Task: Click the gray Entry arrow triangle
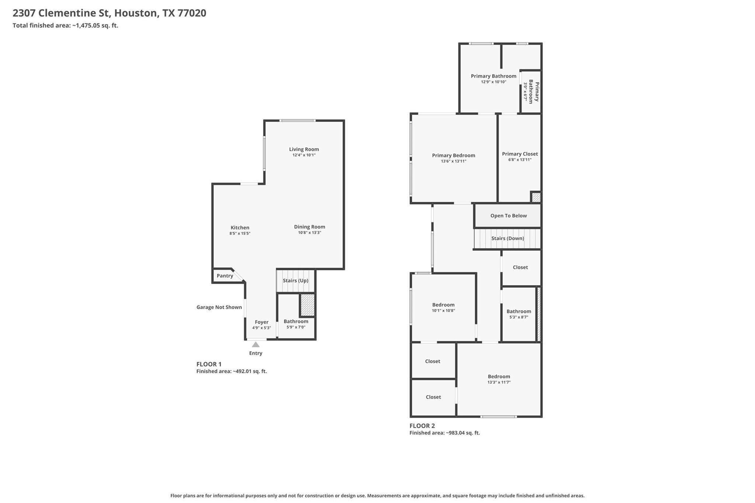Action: (x=255, y=345)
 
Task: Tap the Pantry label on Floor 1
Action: (x=225, y=276)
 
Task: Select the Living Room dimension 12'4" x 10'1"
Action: (x=304, y=155)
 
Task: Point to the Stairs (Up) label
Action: (x=296, y=280)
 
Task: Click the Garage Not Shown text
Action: (x=219, y=307)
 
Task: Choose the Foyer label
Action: (x=262, y=322)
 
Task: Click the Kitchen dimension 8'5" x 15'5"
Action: (x=240, y=233)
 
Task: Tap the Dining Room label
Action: (x=310, y=227)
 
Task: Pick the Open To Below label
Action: (x=509, y=216)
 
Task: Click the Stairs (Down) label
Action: (x=508, y=238)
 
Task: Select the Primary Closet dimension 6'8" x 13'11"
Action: (x=520, y=160)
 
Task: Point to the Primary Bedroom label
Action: (x=454, y=156)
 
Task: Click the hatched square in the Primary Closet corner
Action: (x=536, y=197)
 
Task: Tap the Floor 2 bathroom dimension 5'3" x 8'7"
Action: (x=519, y=317)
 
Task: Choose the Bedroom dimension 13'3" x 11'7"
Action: (x=499, y=382)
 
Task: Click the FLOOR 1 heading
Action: (x=209, y=364)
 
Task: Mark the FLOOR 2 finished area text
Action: (x=445, y=433)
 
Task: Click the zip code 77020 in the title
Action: (x=192, y=13)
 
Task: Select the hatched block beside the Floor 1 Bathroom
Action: (x=307, y=305)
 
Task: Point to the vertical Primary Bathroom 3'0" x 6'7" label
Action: (x=531, y=91)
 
